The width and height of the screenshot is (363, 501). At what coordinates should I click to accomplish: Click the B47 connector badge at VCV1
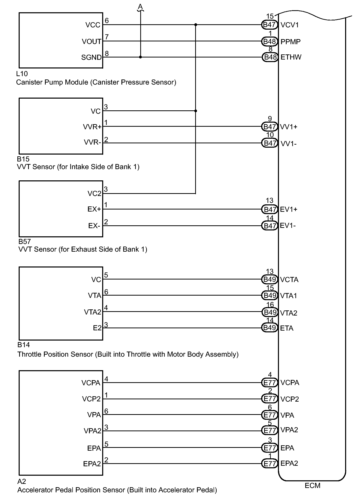pos(270,25)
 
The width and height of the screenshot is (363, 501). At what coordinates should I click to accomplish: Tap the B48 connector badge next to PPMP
pos(270,41)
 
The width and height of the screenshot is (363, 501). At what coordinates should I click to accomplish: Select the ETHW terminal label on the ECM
pos(291,57)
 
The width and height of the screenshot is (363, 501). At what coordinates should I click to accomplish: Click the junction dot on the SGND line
pos(140,57)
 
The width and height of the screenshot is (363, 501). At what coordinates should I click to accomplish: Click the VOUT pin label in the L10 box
pos(91,42)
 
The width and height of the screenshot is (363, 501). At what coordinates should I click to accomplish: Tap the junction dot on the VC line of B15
pos(196,111)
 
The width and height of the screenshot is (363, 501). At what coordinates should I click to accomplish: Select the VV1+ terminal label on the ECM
pos(289,127)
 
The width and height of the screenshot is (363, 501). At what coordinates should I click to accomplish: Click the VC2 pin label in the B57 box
pos(95,194)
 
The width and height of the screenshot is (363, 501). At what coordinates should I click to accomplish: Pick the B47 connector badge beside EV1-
pos(270,226)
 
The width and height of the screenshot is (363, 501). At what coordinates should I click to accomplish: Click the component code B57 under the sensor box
pos(25,241)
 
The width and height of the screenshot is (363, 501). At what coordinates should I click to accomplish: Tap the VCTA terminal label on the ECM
pos(289,280)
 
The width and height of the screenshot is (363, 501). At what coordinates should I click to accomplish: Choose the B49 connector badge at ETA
pos(270,328)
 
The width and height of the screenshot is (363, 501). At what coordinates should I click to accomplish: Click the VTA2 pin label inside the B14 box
pos(92,312)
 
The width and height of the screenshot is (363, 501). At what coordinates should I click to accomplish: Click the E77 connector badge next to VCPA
pos(270,383)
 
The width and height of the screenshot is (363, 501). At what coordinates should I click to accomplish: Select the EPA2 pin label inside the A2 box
pos(92,464)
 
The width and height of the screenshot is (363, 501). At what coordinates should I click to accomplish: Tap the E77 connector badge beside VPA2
pos(270,431)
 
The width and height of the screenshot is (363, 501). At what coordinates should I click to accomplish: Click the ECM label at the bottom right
pos(312,486)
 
